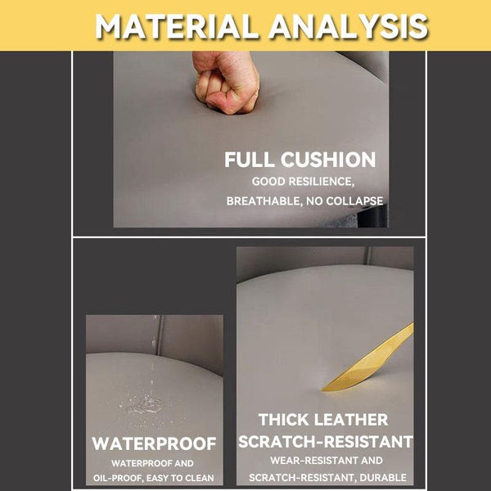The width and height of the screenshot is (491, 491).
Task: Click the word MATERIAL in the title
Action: tap(177, 27)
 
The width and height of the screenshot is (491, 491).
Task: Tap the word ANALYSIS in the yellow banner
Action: tap(349, 27)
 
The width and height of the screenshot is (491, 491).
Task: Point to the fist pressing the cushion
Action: tap(226, 82)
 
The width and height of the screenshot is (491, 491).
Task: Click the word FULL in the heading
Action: tap(249, 160)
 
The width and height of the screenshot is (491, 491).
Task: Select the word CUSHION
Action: tap(328, 160)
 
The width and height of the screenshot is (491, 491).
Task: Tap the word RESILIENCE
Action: tap(322, 182)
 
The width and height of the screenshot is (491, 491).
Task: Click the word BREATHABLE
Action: tap(264, 201)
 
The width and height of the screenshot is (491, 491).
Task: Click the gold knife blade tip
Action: tap(322, 390)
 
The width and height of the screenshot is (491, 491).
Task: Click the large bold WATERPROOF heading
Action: tap(154, 444)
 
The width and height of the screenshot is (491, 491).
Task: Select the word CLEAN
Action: tap(200, 478)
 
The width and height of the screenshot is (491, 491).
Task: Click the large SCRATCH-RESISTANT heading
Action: tap(326, 442)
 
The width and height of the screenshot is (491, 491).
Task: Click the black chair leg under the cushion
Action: tap(372, 216)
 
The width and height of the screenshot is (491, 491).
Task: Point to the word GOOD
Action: tap(268, 182)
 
